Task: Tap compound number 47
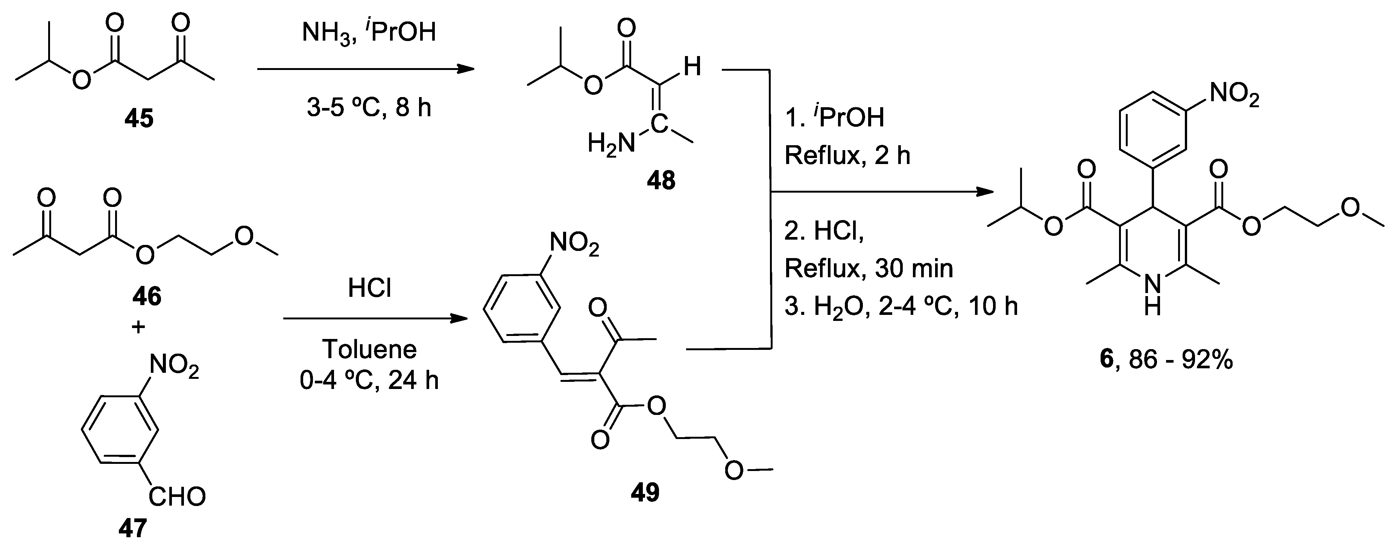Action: (x=133, y=528)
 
